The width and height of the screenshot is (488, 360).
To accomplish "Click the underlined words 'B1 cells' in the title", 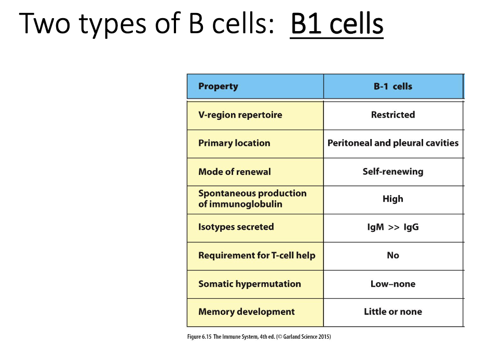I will point(337,24).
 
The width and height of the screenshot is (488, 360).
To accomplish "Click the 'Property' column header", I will point(218,86).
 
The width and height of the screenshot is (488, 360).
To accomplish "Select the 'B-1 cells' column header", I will point(392,86).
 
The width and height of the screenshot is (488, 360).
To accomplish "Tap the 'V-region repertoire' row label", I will point(240,115).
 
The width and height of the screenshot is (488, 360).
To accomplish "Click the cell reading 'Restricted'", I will point(392,115).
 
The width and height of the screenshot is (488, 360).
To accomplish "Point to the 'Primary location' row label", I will point(234,143).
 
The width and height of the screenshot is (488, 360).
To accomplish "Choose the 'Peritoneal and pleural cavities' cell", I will point(392,143).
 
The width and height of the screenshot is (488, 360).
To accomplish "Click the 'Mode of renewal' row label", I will point(234,171).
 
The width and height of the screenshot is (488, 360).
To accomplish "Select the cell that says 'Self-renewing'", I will point(392,171).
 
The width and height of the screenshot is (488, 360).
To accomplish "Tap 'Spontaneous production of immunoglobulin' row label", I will point(252,199).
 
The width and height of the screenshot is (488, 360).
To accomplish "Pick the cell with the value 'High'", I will point(392,199).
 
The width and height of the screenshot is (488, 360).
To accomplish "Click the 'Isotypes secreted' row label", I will point(236,227).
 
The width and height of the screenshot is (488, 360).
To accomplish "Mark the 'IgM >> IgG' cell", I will point(392,227).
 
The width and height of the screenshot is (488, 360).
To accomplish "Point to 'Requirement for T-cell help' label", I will point(256,255).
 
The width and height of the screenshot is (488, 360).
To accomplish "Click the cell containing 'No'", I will point(392,255).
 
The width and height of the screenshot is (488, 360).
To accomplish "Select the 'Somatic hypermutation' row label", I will point(249,284).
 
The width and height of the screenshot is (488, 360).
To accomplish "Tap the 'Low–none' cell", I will point(392,284).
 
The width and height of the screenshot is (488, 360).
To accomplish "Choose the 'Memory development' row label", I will point(246,312).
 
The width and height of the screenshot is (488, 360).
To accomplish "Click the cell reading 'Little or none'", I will point(392,312).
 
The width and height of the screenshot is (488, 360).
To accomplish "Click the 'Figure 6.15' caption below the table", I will point(259,337).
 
